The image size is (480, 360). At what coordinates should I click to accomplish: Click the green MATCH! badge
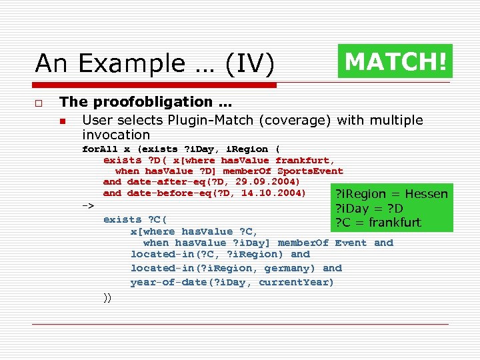point(395,61)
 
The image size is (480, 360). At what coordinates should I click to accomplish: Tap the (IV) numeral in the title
point(249,63)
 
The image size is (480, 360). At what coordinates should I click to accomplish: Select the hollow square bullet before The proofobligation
point(39,103)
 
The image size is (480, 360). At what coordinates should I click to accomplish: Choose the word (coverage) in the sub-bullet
point(300,121)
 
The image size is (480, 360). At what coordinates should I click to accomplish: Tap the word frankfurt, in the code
point(305,160)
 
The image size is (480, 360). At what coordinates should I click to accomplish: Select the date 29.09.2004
point(272,181)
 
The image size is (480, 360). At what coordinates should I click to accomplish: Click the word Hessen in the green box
point(427,194)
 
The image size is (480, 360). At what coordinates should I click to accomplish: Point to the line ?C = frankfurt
point(377,222)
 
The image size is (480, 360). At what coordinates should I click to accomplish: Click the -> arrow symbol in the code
point(87,205)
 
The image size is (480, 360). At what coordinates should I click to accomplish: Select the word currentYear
point(296,282)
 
